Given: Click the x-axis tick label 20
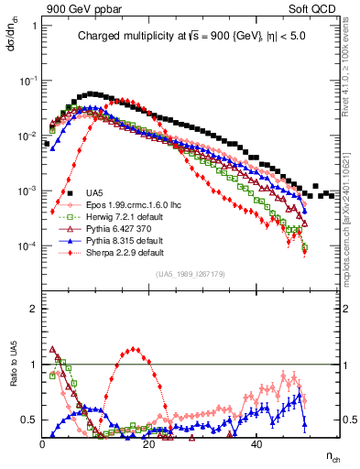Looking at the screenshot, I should pyautogui.click(x=150, y=444).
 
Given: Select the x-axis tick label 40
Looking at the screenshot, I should pyautogui.click(x=257, y=444).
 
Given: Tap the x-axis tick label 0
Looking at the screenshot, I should pyautogui.click(x=43, y=444).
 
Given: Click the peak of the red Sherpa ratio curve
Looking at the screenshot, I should pyautogui.click(x=135, y=349).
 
